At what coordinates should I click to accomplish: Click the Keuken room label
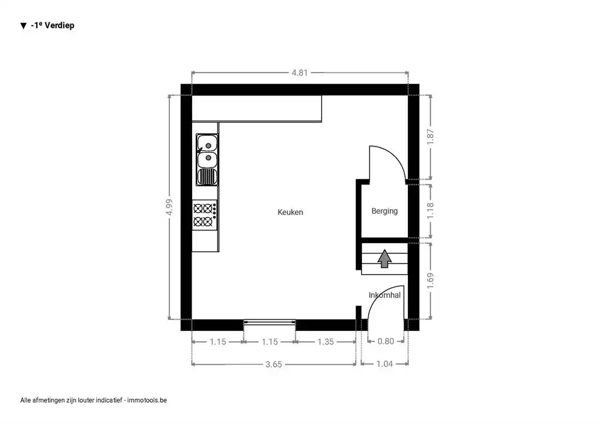(290, 212)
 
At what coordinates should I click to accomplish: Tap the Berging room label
(384, 211)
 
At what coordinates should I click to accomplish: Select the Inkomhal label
(384, 295)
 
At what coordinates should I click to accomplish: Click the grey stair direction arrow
(384, 258)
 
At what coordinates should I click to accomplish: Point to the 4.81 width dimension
(299, 73)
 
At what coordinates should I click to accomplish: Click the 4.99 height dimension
(169, 207)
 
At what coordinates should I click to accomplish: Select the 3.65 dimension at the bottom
(274, 364)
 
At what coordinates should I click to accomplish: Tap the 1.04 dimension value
(384, 364)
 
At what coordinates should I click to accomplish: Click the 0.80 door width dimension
(386, 341)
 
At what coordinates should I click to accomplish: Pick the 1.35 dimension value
(326, 342)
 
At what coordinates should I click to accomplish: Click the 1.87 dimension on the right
(431, 137)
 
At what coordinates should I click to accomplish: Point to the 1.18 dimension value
(431, 211)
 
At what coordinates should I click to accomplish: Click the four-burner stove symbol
(204, 215)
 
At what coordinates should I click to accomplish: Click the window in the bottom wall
(270, 323)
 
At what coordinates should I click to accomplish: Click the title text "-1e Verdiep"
(52, 26)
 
